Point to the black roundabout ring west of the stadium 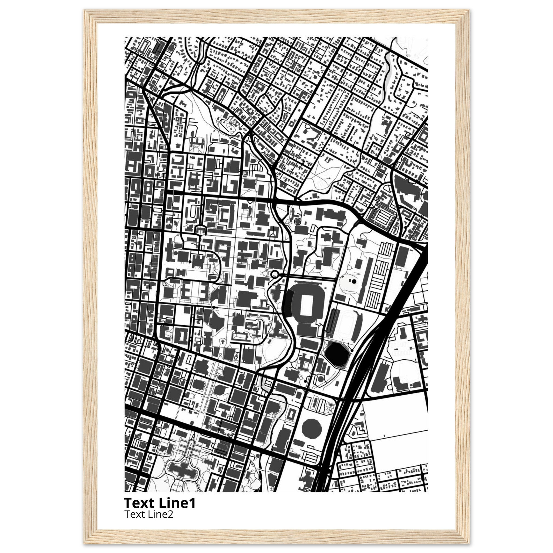click(x=275, y=274)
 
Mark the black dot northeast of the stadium click(x=354, y=281)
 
